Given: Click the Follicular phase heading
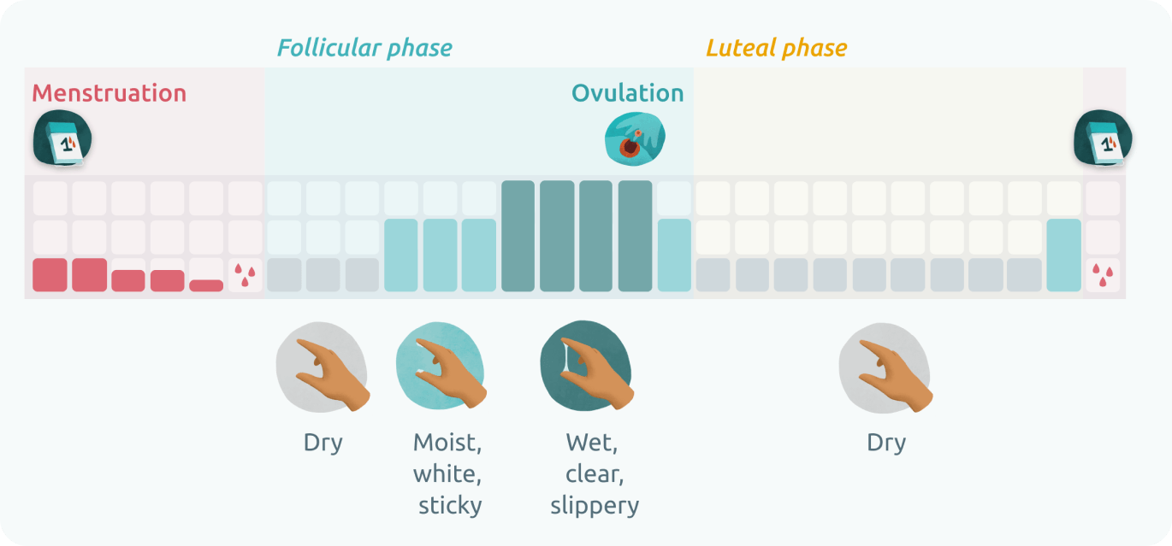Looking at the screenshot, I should (x=364, y=48).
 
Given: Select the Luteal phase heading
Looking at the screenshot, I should (x=776, y=48).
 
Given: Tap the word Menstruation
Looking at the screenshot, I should (x=109, y=93).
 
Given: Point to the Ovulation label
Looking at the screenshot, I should (x=627, y=93).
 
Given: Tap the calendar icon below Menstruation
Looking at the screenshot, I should (x=62, y=139).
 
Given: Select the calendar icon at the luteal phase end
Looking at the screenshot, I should (x=1103, y=138).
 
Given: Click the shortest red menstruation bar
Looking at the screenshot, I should (x=206, y=285).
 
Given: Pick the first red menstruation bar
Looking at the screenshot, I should (x=50, y=275).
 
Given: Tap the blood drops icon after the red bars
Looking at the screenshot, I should (x=246, y=275).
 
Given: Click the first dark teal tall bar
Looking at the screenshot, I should (x=518, y=236).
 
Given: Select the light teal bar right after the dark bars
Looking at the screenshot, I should (x=674, y=255).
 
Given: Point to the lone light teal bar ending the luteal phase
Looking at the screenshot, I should (x=1063, y=255).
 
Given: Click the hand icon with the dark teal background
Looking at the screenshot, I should (x=588, y=365).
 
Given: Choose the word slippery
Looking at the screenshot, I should (x=595, y=505).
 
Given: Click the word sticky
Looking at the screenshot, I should (x=450, y=505).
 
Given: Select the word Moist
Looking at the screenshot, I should (x=447, y=443).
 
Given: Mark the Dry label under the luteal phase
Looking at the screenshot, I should (x=886, y=443).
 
